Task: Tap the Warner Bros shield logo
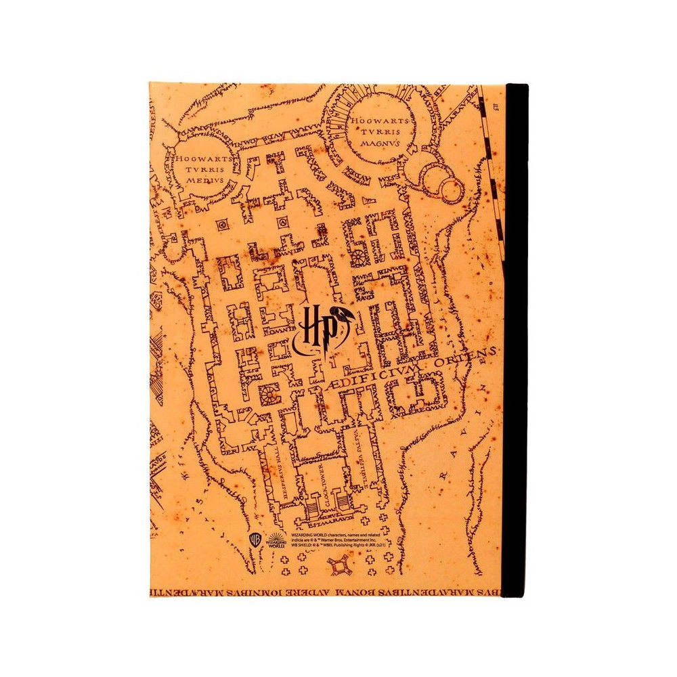tap(255, 539)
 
